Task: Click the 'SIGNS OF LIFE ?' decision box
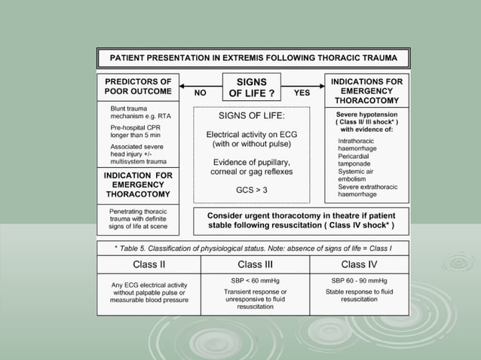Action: pos(252,87)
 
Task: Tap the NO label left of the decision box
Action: pos(201,94)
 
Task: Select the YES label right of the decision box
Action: pos(302,93)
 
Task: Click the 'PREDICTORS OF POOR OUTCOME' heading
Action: pos(139,87)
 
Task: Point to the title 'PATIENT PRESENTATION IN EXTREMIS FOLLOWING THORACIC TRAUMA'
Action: pos(253,58)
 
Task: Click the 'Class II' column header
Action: pos(149,264)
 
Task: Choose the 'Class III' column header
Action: pos(255,264)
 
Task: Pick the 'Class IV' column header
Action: pos(359,264)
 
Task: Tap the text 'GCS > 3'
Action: pos(251,190)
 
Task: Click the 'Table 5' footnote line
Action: pos(253,247)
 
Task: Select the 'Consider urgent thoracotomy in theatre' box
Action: pos(301,220)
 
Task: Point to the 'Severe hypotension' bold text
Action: pos(366,114)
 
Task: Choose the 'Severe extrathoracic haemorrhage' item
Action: pos(366,191)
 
